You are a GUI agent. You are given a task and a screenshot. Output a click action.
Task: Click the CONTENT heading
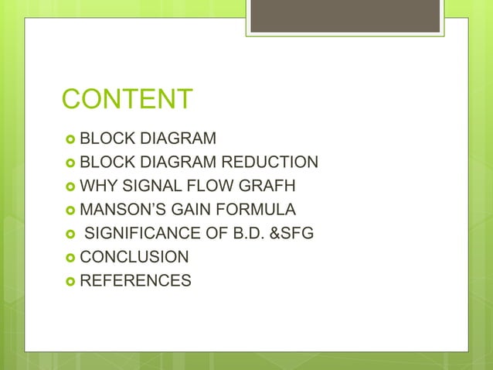127,100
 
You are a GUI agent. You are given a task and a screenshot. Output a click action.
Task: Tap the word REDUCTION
270,163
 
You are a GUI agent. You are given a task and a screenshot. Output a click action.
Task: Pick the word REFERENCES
135,280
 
